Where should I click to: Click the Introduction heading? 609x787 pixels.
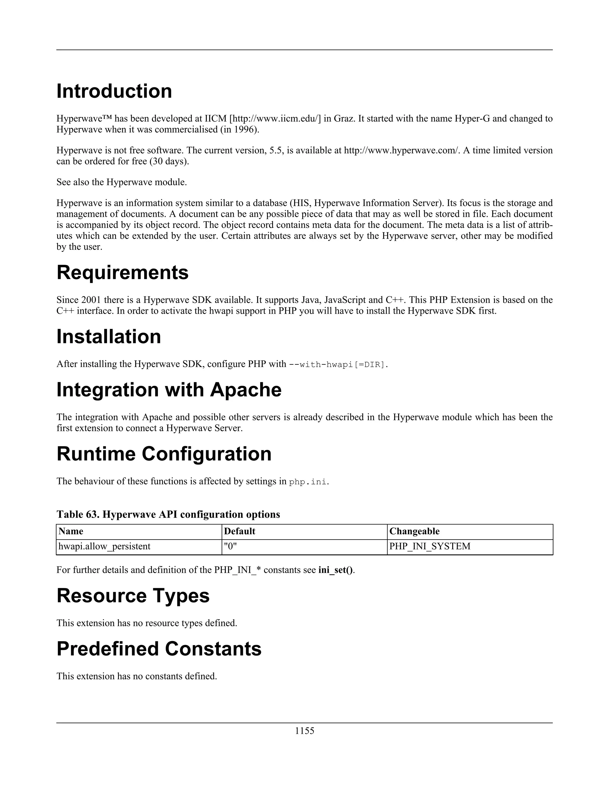click(x=114, y=91)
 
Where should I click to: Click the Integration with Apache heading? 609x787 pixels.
click(x=169, y=390)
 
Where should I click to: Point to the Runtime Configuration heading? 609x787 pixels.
click(x=164, y=454)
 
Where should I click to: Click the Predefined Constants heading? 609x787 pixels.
click(x=159, y=649)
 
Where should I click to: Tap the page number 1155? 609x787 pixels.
click(x=304, y=731)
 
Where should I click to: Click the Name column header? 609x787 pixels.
click(x=71, y=532)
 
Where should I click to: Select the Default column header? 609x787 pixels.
click(x=240, y=532)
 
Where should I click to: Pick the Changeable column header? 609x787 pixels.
click(x=415, y=532)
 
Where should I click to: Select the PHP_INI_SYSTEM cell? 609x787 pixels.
click(x=430, y=546)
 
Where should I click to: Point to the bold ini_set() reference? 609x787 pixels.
click(x=335, y=570)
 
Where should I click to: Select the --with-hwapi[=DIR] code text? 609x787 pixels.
click(x=338, y=365)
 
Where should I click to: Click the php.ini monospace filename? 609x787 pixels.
click(x=308, y=482)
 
